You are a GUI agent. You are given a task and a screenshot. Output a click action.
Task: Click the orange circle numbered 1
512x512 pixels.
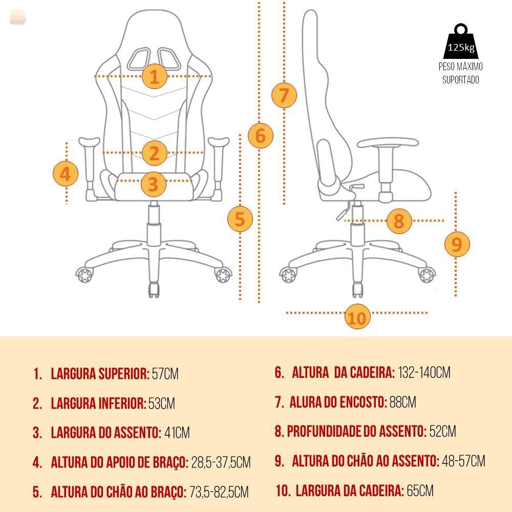(x=155, y=76)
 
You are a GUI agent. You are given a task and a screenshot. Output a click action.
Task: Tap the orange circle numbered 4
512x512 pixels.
(x=66, y=174)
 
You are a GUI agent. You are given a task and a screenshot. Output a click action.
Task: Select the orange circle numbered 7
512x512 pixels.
(x=284, y=95)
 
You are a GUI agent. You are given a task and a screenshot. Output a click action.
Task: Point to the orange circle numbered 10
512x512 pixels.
(x=357, y=316)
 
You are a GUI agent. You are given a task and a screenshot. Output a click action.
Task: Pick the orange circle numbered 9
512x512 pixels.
(x=457, y=244)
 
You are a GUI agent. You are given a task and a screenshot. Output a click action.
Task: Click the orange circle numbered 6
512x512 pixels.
(x=261, y=136)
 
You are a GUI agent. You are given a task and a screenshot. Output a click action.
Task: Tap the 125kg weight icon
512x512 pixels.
(x=460, y=41)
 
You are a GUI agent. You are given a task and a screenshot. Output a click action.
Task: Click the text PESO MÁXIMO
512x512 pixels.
(x=460, y=67)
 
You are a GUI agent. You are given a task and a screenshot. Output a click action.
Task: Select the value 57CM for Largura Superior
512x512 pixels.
(x=165, y=374)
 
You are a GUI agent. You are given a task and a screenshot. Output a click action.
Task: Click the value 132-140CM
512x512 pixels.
(x=424, y=372)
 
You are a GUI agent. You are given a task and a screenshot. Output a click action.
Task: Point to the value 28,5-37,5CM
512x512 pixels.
(x=221, y=462)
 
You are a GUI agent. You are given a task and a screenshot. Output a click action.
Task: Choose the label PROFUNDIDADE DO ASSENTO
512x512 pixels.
(x=356, y=431)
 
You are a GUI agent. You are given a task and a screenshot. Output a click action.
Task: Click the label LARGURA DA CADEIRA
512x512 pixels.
(x=350, y=491)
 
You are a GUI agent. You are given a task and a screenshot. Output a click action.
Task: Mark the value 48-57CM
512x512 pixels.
(x=464, y=461)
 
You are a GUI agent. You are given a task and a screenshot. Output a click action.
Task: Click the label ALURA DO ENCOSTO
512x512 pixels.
(x=338, y=402)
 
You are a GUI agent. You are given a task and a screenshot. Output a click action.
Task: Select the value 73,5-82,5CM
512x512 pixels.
(x=219, y=492)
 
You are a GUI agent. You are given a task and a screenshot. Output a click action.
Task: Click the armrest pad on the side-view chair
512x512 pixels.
(x=388, y=143)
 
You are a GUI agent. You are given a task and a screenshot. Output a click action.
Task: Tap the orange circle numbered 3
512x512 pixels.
(x=154, y=184)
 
